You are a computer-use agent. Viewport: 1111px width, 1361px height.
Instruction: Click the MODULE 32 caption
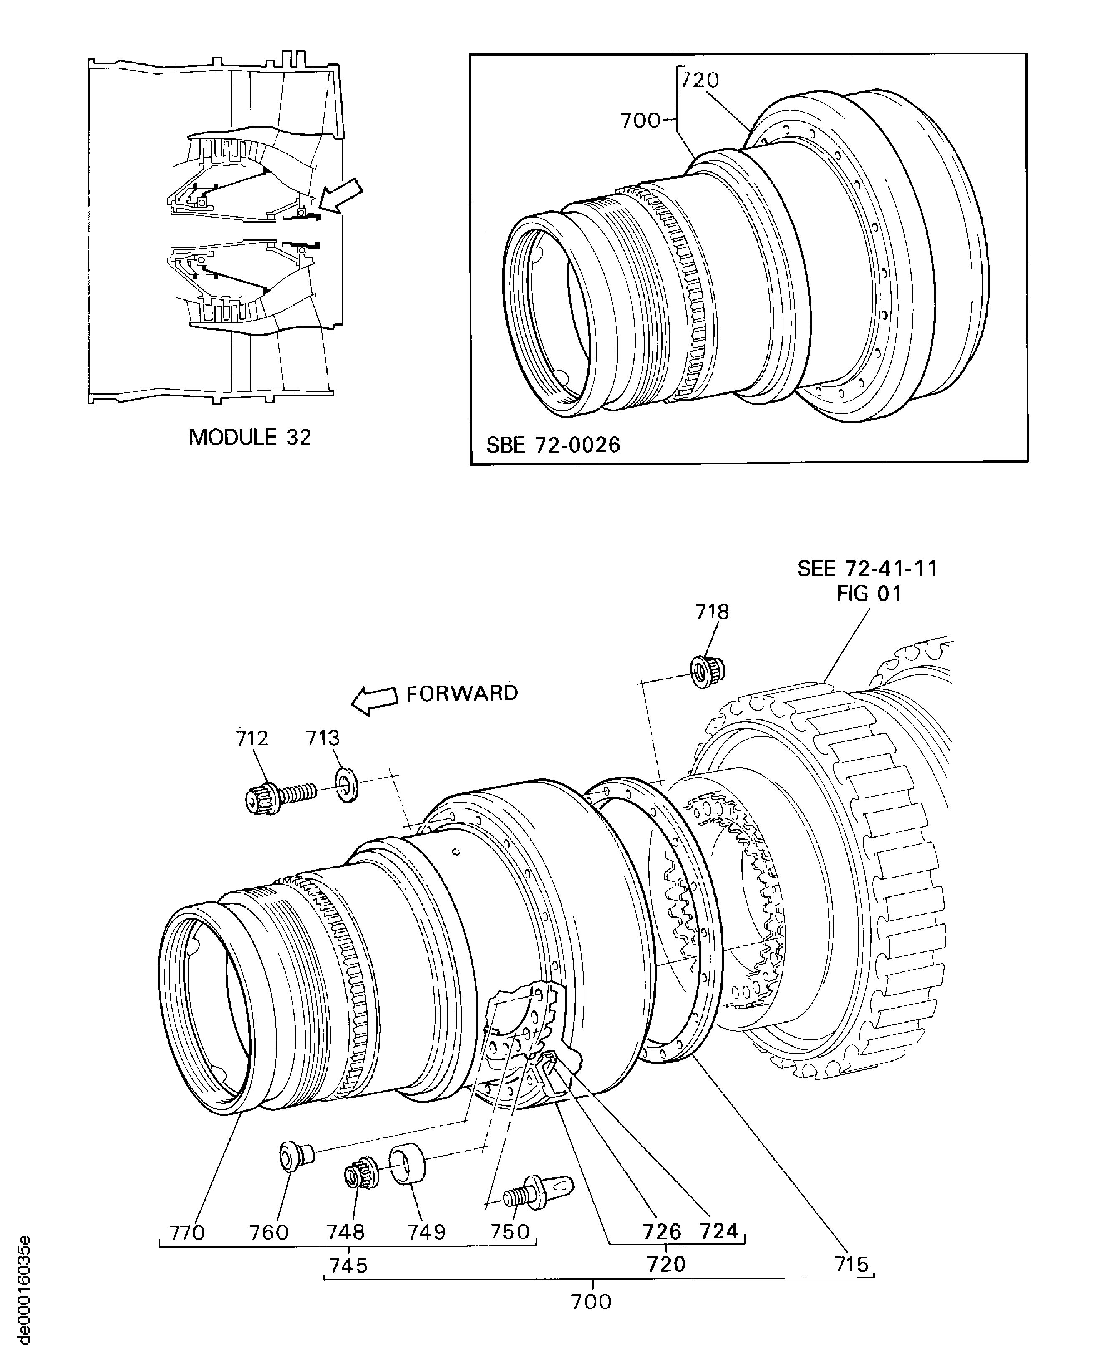pyautogui.click(x=249, y=437)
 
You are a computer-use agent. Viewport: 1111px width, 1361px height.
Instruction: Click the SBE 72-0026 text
pyautogui.click(x=553, y=445)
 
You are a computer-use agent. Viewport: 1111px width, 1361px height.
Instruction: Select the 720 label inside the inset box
pyautogui.click(x=700, y=80)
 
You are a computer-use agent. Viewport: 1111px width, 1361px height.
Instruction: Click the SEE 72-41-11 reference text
pyautogui.click(x=867, y=568)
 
